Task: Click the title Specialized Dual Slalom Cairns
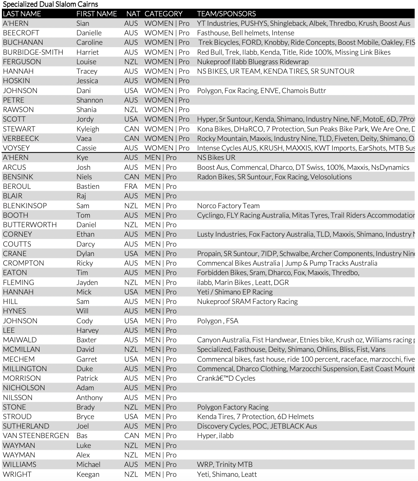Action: pyautogui.click(x=50, y=4)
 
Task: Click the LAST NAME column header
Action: pyautogui.click(x=22, y=14)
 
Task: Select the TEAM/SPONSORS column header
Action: pyautogui.click(x=226, y=14)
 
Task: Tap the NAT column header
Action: pyautogui.click(x=133, y=14)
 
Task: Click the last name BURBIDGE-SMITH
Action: pyautogui.click(x=33, y=52)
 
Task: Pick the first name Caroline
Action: pyautogui.click(x=89, y=42)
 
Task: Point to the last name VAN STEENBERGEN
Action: pyautogui.click(x=36, y=435)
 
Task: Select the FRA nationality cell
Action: pyautogui.click(x=131, y=186)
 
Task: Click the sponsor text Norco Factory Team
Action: pyautogui.click(x=228, y=206)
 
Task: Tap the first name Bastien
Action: pyautogui.click(x=88, y=186)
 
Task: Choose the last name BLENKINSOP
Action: pyautogui.click(x=25, y=206)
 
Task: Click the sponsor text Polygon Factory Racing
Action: pyautogui.click(x=233, y=407)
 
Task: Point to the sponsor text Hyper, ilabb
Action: pyautogui.click(x=215, y=435)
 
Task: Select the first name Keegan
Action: pyautogui.click(x=88, y=474)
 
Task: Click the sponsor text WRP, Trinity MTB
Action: pyautogui.click(x=225, y=464)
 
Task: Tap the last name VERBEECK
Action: pyautogui.click(x=21, y=138)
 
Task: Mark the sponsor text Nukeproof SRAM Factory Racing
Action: pyautogui.click(x=247, y=301)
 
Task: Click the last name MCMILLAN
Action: pyautogui.click(x=21, y=349)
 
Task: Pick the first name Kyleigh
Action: pyautogui.click(x=88, y=129)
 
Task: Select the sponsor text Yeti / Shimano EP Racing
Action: pyautogui.click(x=235, y=292)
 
